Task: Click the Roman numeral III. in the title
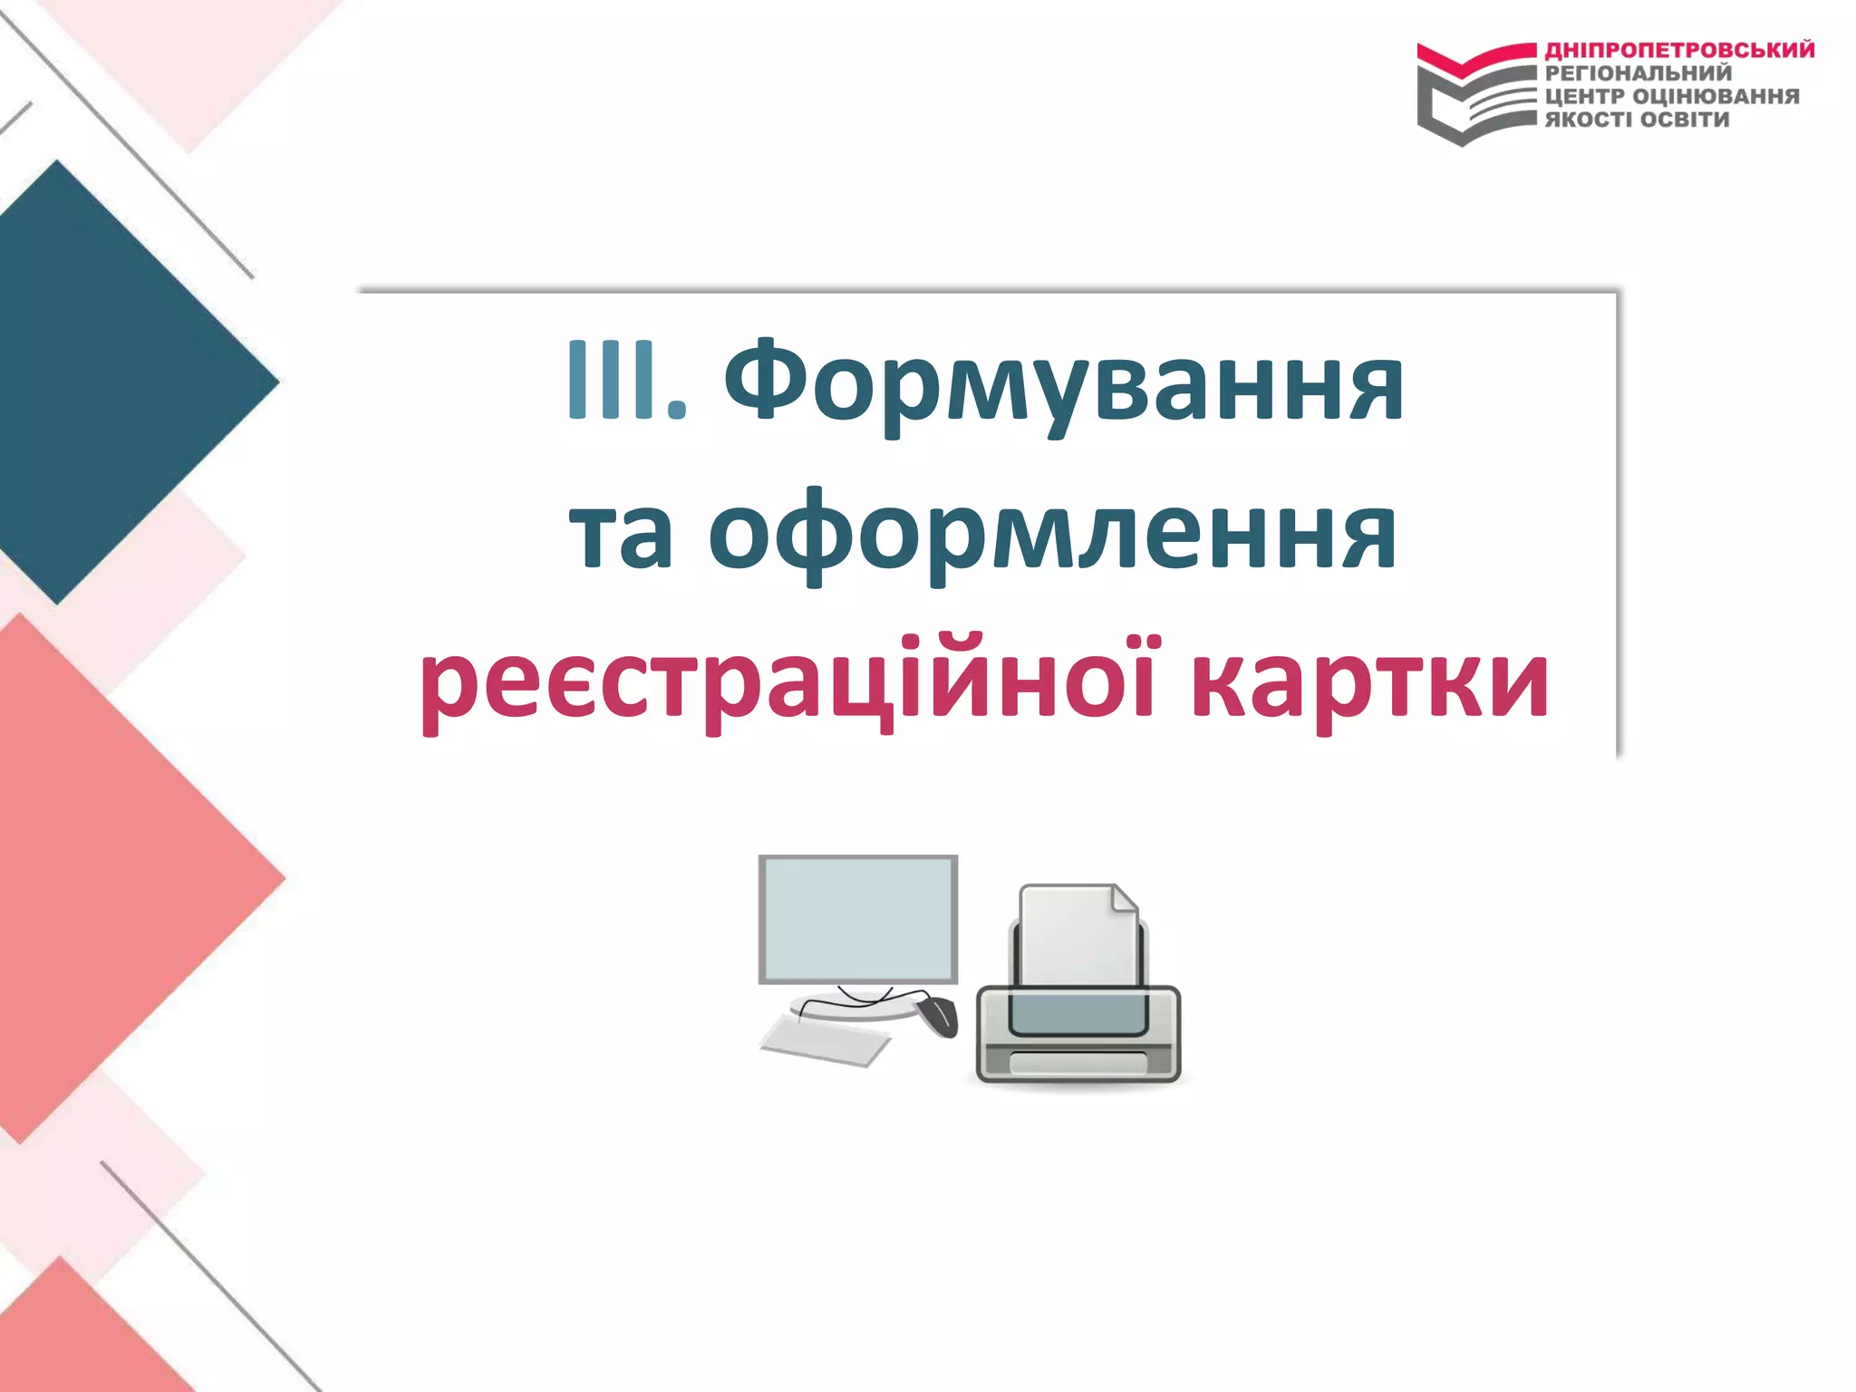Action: [x=625, y=381]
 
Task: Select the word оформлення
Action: [x=1051, y=535]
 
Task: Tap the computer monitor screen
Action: [x=857, y=917]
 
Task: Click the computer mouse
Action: [x=939, y=1015]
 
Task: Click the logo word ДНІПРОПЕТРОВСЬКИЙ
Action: [x=1679, y=50]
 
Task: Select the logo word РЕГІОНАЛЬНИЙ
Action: [x=1638, y=73]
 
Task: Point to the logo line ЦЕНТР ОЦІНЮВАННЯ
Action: [x=1672, y=96]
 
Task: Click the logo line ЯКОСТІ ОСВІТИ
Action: [x=1637, y=120]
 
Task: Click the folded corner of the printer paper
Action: [x=1124, y=899]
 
